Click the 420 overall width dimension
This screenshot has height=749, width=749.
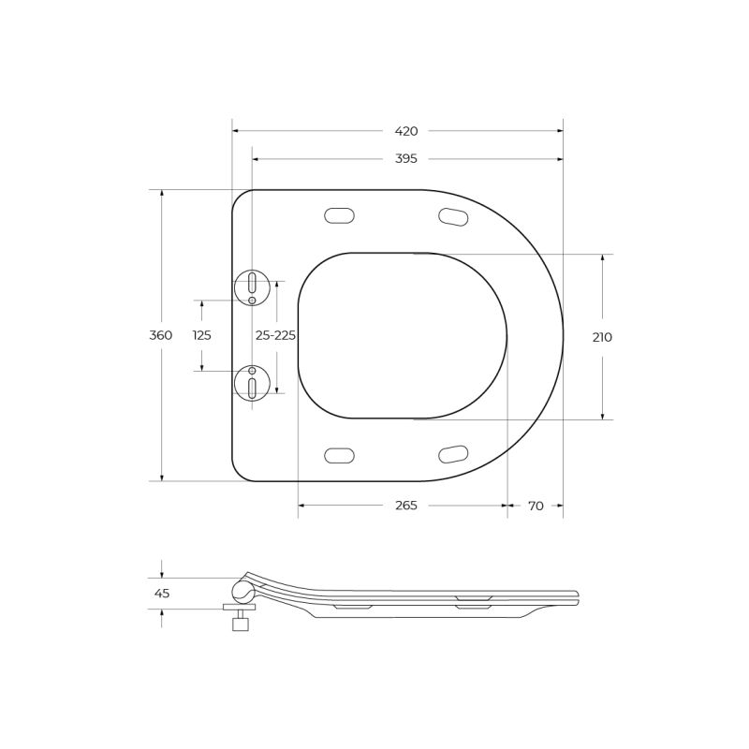pyautogui.click(x=405, y=131)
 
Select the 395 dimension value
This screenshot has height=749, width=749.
pyautogui.click(x=405, y=159)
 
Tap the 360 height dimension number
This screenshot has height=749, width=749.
pyautogui.click(x=161, y=336)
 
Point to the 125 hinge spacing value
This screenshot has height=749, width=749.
pyautogui.click(x=201, y=336)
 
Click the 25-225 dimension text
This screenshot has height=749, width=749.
pyautogui.click(x=275, y=336)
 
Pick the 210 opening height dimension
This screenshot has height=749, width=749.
pyautogui.click(x=602, y=337)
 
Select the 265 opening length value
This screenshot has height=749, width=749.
pyautogui.click(x=405, y=506)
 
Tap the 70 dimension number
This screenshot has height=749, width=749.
pyautogui.click(x=536, y=506)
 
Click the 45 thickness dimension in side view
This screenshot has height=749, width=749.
pyautogui.click(x=162, y=594)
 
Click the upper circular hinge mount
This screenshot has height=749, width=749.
pyautogui.click(x=252, y=287)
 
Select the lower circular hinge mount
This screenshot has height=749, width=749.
pyautogui.click(x=252, y=383)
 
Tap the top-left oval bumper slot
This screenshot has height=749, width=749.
pyautogui.click(x=339, y=216)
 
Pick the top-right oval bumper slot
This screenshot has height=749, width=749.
pyautogui.click(x=453, y=217)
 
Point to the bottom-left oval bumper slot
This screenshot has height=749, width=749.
pyautogui.click(x=339, y=456)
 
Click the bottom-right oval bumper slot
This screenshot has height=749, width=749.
pyautogui.click(x=453, y=455)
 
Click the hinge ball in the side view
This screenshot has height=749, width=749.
pyautogui.click(x=242, y=592)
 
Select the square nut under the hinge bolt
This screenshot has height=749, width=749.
pyautogui.click(x=241, y=624)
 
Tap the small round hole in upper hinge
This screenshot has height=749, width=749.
pyautogui.click(x=252, y=301)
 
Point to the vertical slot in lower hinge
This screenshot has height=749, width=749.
pyautogui.click(x=252, y=388)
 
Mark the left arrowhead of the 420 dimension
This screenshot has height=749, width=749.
pyautogui.click(x=236, y=131)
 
